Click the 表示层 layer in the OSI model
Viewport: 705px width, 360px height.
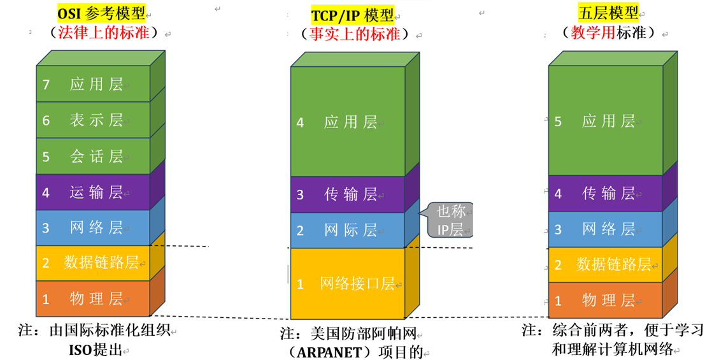click(96, 120)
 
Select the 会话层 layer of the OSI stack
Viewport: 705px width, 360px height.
click(96, 157)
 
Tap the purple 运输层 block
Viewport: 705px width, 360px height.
click(96, 192)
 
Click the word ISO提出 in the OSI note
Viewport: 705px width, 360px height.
click(94, 349)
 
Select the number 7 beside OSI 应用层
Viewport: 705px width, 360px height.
click(45, 84)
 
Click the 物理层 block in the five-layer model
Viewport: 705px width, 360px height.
click(608, 300)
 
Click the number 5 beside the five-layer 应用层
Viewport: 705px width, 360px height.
click(558, 121)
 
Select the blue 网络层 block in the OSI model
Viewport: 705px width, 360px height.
click(96, 227)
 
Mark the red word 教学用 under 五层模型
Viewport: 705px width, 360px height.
click(592, 33)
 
